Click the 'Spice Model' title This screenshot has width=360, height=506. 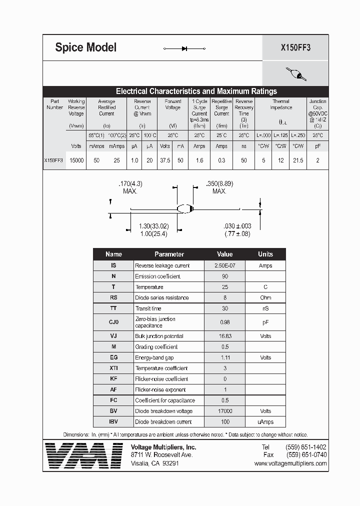coord(85,47)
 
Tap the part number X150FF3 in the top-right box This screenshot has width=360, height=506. coord(295,48)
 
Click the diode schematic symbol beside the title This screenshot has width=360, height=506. coord(185,48)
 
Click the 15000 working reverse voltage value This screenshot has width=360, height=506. coord(76,160)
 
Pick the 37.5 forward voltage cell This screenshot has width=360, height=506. coord(164,160)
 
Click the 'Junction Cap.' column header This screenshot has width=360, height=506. coord(317,104)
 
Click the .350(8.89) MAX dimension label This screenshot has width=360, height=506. coord(219,187)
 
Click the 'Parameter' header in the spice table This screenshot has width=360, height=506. coord(169,254)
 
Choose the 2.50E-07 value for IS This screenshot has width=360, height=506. coord(224,265)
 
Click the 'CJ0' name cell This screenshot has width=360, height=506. coord(113,322)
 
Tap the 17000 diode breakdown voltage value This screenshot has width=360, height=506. coord(224,411)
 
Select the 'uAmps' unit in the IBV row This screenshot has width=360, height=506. coord(265,421)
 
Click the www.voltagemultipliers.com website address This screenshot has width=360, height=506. coord(290,463)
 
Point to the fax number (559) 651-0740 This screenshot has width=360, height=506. coord(306,455)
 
